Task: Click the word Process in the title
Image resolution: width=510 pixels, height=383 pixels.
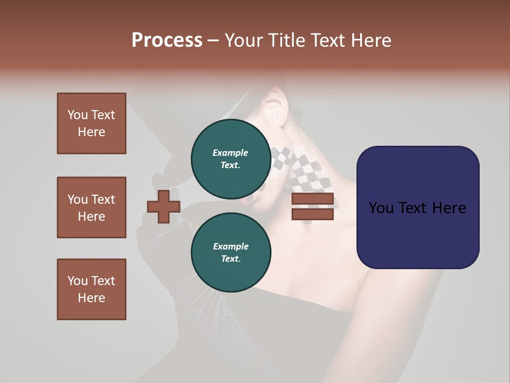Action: tap(167, 40)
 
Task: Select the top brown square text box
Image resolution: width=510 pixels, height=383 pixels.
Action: tap(91, 123)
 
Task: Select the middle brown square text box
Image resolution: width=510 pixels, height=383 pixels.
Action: tap(91, 207)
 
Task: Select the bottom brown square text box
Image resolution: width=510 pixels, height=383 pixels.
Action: tap(91, 289)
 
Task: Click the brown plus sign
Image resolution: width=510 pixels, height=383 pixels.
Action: tap(164, 206)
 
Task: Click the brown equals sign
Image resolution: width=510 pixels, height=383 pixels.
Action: tap(313, 207)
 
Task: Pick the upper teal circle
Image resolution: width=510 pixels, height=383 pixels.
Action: tap(231, 159)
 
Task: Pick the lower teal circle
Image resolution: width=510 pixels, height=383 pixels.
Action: tap(231, 253)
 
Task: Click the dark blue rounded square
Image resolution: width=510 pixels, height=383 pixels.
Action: tap(418, 207)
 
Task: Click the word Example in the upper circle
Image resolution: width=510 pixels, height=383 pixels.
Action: tap(231, 153)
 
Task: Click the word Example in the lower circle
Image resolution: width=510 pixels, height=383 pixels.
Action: tap(231, 246)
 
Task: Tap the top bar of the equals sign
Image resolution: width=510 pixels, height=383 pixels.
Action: tap(313, 199)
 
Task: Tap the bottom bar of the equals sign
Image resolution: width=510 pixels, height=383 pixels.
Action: tap(313, 214)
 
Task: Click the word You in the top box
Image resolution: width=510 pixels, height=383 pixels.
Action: tap(77, 115)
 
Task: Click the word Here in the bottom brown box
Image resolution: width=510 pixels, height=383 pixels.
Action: tap(91, 298)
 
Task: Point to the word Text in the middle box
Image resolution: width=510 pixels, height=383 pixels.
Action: tap(103, 199)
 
